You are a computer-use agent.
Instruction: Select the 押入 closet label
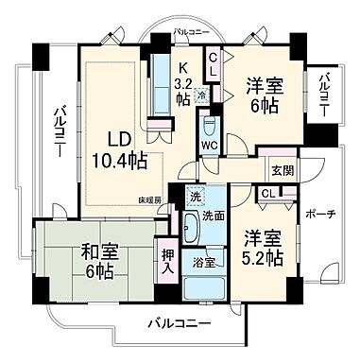click(x=167, y=261)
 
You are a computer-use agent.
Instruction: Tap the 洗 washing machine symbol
click(x=193, y=198)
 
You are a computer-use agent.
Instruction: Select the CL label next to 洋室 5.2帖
click(x=267, y=194)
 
